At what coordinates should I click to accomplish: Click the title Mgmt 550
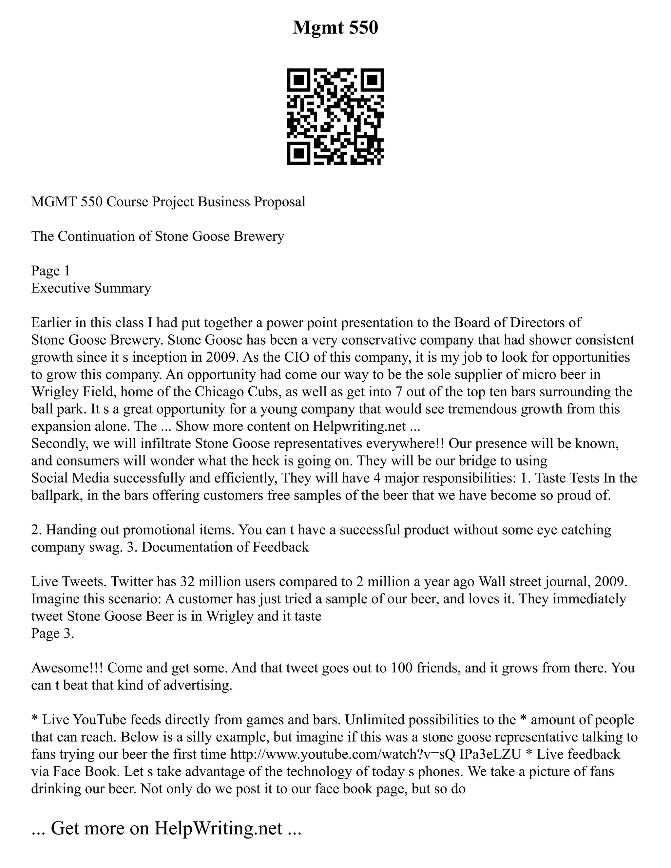coord(335,28)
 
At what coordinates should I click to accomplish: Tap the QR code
coord(335,117)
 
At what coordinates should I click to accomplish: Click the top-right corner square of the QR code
coord(372,80)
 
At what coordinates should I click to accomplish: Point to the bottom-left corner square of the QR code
coord(298,153)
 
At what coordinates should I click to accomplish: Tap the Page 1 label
coord(50,271)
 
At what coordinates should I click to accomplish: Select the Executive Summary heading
coord(91,288)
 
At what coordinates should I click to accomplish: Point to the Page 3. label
coord(52,633)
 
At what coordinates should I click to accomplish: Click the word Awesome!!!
coord(67,668)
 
